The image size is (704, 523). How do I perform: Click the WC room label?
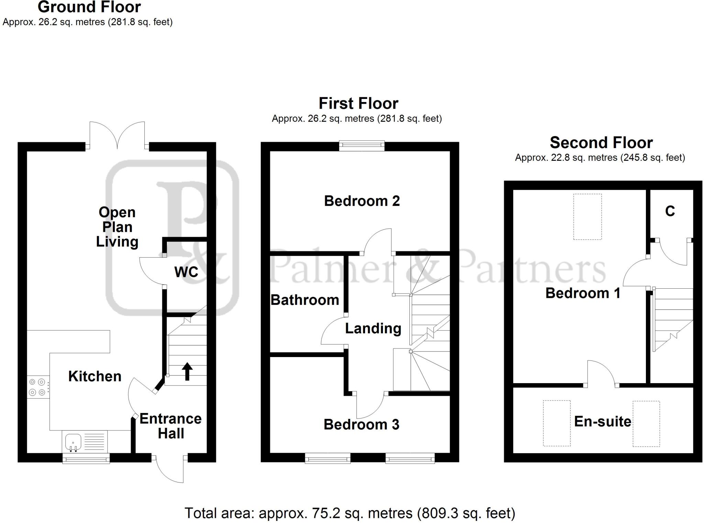click(x=186, y=272)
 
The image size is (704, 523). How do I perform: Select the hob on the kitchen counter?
click(x=37, y=387)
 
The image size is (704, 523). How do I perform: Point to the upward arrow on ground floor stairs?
click(x=187, y=371)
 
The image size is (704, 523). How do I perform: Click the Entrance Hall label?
click(x=170, y=426)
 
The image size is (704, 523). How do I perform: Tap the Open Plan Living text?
click(x=117, y=227)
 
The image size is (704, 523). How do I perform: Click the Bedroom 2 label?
click(x=362, y=201)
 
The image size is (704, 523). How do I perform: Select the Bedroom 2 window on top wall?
click(x=362, y=146)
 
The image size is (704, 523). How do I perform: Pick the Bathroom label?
click(x=305, y=300)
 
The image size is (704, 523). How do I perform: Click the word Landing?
click(x=373, y=329)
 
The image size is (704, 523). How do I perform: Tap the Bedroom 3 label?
click(x=361, y=425)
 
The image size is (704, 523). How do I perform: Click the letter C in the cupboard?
click(x=670, y=211)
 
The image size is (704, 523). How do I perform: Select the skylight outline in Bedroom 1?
click(x=587, y=217)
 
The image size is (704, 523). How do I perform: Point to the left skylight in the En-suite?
click(x=557, y=423)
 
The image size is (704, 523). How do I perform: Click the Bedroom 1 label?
click(x=583, y=293)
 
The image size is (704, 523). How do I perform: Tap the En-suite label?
click(x=603, y=422)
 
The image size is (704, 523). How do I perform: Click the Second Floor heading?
click(x=601, y=143)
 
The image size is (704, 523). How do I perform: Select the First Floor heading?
click(x=358, y=103)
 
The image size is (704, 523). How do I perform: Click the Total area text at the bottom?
click(x=350, y=513)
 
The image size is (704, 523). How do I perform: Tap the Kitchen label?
click(x=95, y=376)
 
